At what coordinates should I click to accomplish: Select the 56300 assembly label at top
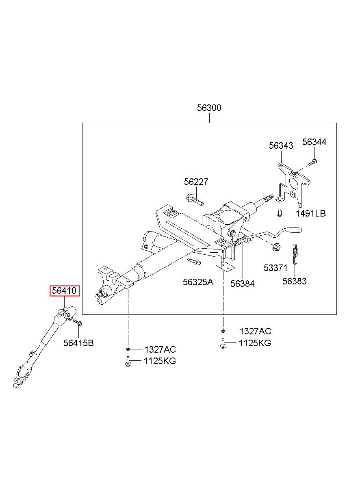209,108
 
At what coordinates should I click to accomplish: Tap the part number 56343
281,145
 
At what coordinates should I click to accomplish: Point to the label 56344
314,142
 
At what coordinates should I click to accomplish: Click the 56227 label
196,182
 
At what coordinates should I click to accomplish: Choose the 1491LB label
310,213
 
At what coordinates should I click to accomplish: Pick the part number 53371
275,268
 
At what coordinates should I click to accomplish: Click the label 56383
295,281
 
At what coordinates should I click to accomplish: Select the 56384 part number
242,284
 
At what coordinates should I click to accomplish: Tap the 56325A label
198,282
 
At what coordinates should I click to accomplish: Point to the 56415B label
78,343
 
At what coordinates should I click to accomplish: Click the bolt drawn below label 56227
195,199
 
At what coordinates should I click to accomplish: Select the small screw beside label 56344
312,163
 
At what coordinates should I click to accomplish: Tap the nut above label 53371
275,247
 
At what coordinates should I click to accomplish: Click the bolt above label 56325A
193,262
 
